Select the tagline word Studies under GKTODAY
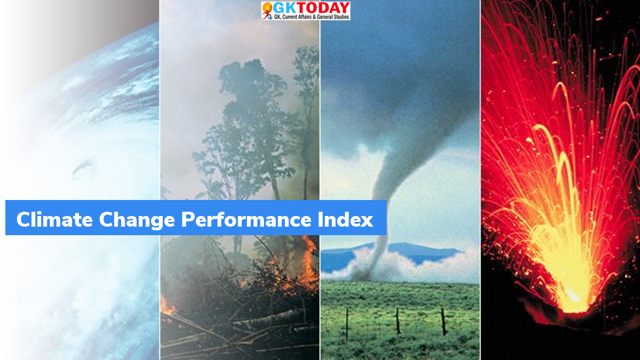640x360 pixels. click(x=339, y=17)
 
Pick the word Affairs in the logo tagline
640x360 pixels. click(x=307, y=17)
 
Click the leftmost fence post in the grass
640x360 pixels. click(x=347, y=323)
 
